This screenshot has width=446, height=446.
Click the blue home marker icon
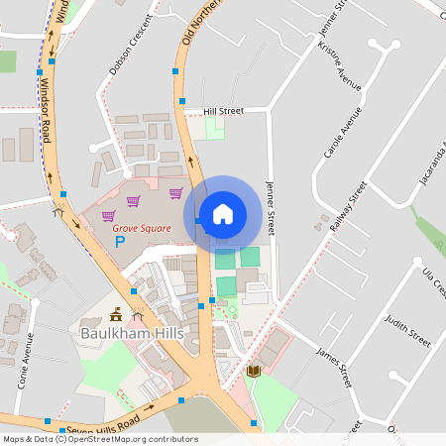click(x=222, y=213)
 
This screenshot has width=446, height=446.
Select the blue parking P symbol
click(x=121, y=241)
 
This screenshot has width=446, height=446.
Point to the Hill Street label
click(x=223, y=112)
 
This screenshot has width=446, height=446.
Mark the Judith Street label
click(x=408, y=329)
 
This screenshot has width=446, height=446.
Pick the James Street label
click(x=334, y=367)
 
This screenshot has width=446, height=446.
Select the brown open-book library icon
click(x=253, y=371)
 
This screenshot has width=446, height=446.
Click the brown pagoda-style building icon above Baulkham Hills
click(x=117, y=315)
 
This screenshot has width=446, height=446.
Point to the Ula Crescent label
click(x=434, y=282)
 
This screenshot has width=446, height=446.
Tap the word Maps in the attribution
click(x=15, y=439)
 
